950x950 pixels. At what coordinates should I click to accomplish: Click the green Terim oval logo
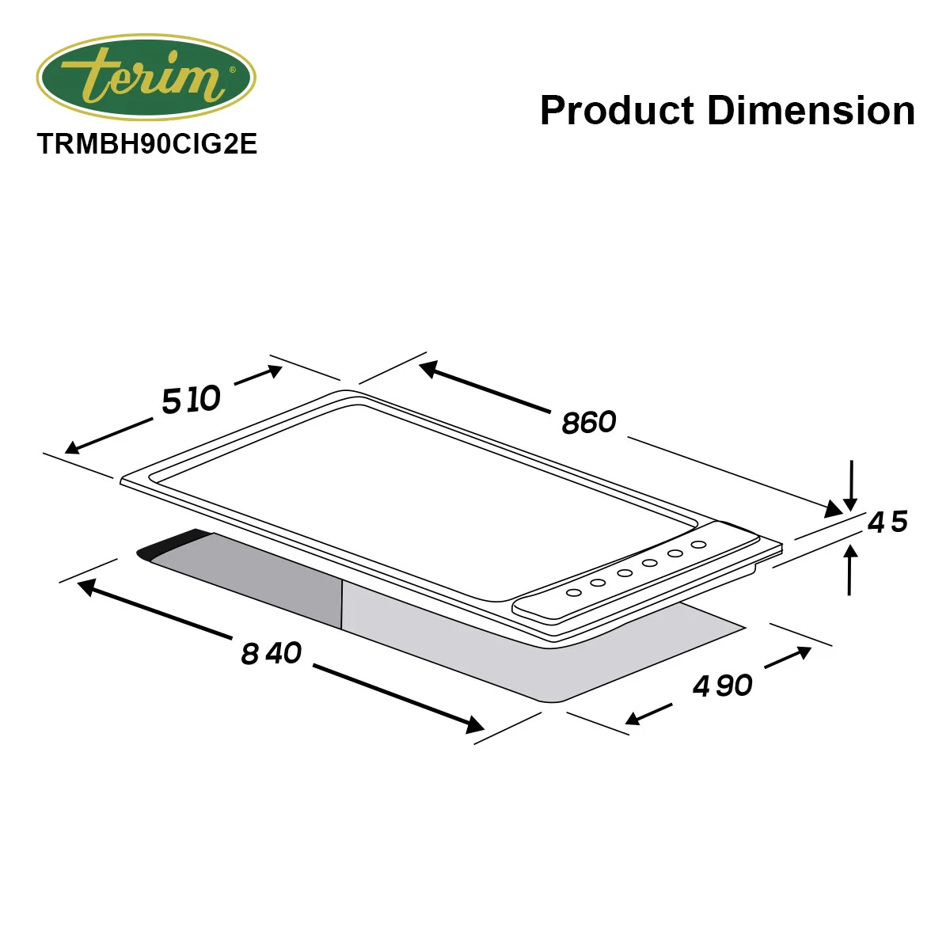coord(146,77)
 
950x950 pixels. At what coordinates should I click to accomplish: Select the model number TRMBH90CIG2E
coord(147,144)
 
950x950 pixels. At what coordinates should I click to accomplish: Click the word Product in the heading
coord(617,110)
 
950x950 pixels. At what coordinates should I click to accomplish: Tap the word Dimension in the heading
coord(811,110)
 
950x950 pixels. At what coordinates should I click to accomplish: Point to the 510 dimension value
coord(192,400)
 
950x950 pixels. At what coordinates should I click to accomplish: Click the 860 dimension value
coord(589,423)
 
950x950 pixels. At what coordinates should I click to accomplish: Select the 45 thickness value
coord(887,522)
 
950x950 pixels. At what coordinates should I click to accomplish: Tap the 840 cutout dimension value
coord(271,654)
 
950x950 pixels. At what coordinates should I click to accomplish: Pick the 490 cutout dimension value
coord(722,686)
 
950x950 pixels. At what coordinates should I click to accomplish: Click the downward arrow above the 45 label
coord(850,486)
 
